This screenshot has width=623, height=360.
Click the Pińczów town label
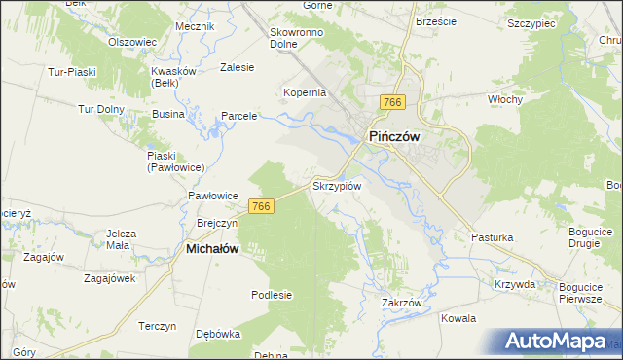point(393,137)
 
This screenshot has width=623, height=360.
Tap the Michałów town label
point(212,249)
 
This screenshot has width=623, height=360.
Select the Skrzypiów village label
point(337,185)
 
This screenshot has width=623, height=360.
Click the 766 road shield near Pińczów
point(393,103)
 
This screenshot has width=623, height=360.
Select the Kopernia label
point(304,92)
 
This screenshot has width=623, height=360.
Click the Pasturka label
point(492,237)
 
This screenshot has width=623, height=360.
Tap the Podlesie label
point(272,295)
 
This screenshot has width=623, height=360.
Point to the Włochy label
point(505,99)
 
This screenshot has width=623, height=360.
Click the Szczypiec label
point(531,20)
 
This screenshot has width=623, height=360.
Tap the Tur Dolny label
point(103,108)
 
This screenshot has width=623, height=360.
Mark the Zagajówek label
point(109,277)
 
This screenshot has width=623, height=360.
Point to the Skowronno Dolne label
point(297,37)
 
